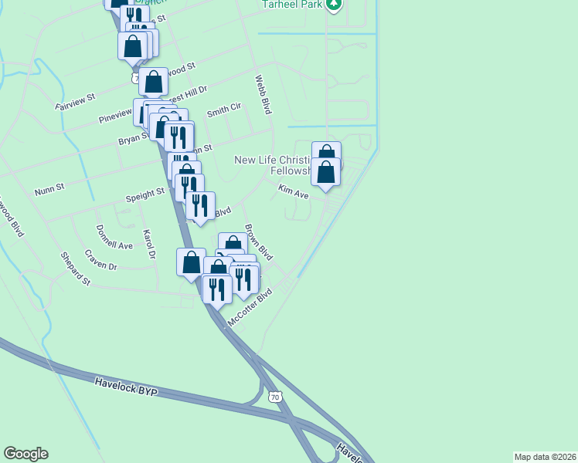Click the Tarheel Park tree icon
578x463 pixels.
pyautogui.click(x=334, y=5)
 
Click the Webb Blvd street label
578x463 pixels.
pyautogui.click(x=263, y=94)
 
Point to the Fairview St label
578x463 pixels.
pyautogui.click(x=74, y=100)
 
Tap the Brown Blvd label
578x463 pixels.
pyautogui.click(x=259, y=242)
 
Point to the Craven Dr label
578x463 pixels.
pyautogui.click(x=101, y=262)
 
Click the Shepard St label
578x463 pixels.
pyautogui.click(x=76, y=269)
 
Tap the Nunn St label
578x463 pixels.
pyautogui.click(x=49, y=188)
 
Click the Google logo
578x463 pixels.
pyautogui.click(x=25, y=454)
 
